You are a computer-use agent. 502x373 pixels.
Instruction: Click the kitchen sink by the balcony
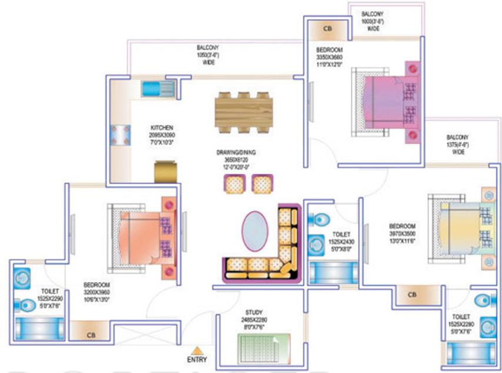tap(156, 89)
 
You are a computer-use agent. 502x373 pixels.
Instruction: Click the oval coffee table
tap(253, 231)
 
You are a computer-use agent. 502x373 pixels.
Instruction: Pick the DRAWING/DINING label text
tap(236, 153)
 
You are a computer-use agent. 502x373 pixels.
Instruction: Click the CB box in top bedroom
tap(327, 29)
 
